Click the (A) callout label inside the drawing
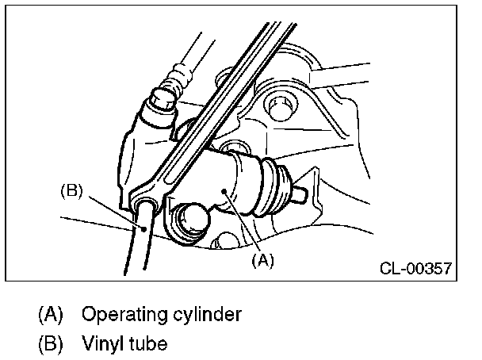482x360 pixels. [x=262, y=261]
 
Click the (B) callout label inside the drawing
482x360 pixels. [x=71, y=191]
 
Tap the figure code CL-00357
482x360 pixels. [x=415, y=268]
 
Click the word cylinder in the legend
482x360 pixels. [x=207, y=314]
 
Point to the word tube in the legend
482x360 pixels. [x=148, y=343]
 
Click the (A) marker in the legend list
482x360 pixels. [x=51, y=314]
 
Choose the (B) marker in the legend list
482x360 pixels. [x=51, y=343]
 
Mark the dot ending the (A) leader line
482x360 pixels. [x=225, y=191]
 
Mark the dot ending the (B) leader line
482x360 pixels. [x=143, y=228]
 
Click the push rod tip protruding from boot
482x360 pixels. [x=298, y=193]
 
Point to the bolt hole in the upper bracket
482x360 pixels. [x=280, y=108]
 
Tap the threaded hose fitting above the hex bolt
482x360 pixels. [x=176, y=79]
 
